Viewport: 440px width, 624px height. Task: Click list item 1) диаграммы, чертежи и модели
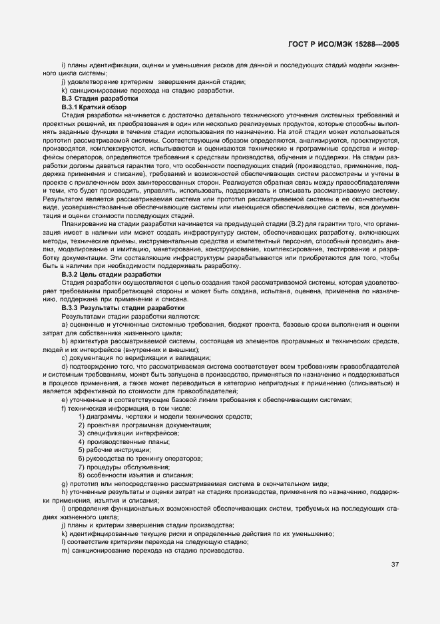pos(165,417)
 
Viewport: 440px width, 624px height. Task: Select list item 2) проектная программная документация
pos(144,425)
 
